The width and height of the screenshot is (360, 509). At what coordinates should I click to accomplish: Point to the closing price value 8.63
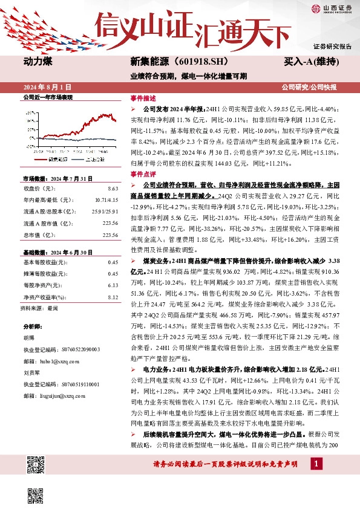coord(113,190)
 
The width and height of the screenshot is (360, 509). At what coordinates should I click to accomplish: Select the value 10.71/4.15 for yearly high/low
coord(106,199)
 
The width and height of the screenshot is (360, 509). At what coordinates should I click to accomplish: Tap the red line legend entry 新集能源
coord(57,159)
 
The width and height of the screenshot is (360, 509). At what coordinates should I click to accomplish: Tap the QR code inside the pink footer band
coord(36,465)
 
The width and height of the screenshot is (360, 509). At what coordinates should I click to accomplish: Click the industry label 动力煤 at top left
coord(38,62)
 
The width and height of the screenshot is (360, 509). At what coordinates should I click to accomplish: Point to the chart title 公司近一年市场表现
coord(47,97)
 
